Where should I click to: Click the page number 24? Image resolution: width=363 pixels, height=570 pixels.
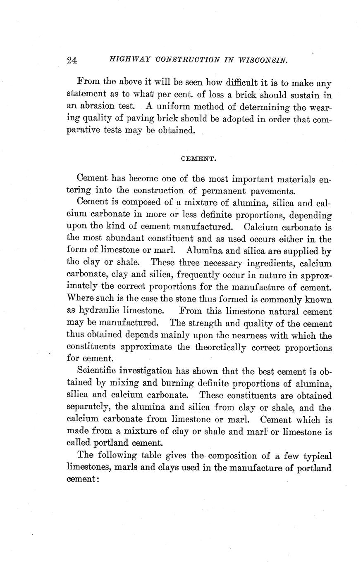tap(72, 60)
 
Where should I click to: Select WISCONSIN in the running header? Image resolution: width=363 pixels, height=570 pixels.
tap(263, 60)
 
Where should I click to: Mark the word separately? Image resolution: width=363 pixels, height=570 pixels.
tap(88, 408)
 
